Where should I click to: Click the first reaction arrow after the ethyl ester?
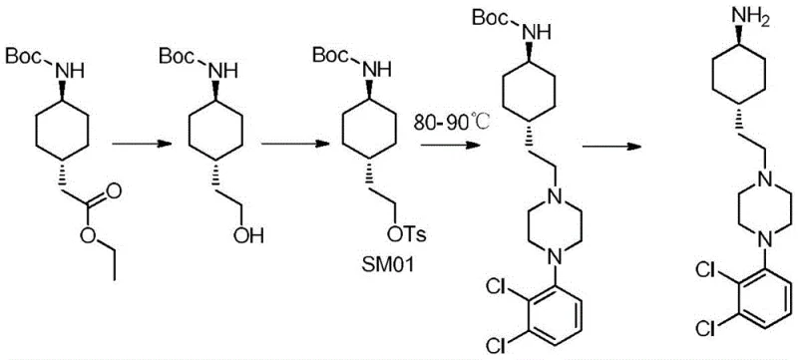pos(134,145)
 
